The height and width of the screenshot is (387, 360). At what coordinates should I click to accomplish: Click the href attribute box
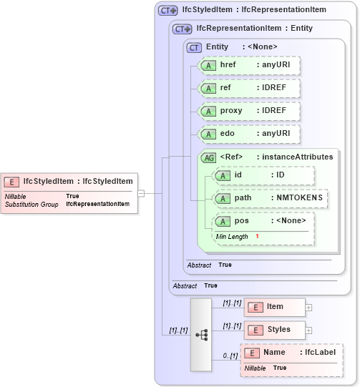[248, 65]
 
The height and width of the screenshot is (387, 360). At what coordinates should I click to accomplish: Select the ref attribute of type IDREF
[248, 88]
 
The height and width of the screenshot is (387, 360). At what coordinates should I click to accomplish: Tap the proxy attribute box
[248, 111]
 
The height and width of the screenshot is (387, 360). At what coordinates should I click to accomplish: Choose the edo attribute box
[248, 134]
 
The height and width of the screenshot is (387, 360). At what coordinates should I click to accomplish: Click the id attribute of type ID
[263, 175]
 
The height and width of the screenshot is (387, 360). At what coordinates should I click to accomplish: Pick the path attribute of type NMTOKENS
[270, 198]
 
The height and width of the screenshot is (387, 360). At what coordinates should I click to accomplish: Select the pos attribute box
[263, 221]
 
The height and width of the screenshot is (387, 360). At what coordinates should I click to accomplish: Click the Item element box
[275, 307]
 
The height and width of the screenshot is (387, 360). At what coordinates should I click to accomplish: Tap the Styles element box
[275, 330]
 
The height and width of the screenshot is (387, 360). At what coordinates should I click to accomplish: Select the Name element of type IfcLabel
[291, 353]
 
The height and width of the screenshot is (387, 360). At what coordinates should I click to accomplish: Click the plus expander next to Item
[309, 308]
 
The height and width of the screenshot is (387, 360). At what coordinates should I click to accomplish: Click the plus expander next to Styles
[309, 330]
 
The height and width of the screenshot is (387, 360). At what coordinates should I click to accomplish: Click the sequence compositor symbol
[201, 334]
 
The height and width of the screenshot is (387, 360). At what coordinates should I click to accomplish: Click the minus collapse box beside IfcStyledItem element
[141, 192]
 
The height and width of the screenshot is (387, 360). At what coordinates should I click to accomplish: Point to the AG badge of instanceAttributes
[209, 157]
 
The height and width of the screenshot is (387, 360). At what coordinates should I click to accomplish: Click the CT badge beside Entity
[194, 47]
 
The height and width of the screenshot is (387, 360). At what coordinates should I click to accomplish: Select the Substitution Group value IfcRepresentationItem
[98, 204]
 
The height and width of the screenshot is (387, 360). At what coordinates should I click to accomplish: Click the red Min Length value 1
[257, 237]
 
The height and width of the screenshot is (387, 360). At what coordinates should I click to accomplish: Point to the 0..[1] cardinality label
[229, 356]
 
